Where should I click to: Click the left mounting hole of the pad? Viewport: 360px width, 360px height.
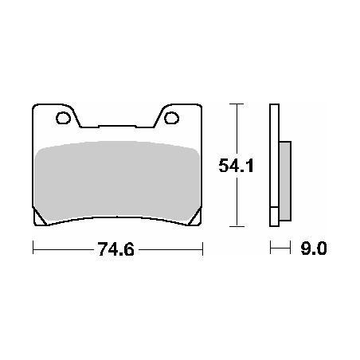click(x=63, y=120)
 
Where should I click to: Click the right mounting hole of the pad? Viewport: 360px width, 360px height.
click(x=171, y=120)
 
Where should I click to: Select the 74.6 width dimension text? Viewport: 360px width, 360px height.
click(x=115, y=248)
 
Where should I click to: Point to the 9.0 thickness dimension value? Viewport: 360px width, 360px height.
click(x=314, y=248)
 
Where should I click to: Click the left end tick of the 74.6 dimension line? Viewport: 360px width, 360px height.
click(x=33, y=248)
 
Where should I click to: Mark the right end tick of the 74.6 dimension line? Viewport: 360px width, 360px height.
click(x=203, y=248)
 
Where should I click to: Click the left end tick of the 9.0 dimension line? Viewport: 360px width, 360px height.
click(x=270, y=248)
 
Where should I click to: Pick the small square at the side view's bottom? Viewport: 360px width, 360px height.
click(x=275, y=216)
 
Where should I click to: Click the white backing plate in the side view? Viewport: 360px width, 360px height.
click(x=274, y=159)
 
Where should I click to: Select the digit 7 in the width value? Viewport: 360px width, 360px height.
click(x=101, y=248)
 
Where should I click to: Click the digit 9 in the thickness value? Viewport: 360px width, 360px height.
click(x=307, y=248)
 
